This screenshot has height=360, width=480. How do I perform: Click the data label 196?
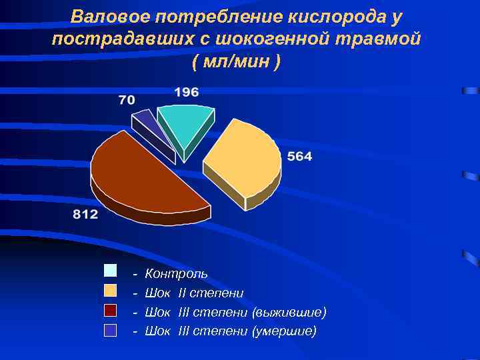(187, 93)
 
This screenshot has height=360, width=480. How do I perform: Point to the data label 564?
(299, 157)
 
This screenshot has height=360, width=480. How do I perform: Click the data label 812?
(85, 214)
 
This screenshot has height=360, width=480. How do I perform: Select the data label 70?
(127, 100)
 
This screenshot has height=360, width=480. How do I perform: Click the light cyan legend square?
(110, 271)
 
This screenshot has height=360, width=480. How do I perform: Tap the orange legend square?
(110, 291)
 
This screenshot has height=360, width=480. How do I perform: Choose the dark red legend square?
(110, 310)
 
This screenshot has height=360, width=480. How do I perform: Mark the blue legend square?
(110, 329)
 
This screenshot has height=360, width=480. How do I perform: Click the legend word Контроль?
(176, 273)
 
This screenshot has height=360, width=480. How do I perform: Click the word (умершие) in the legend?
(285, 331)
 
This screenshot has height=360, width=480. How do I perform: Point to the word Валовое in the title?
(107, 16)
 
